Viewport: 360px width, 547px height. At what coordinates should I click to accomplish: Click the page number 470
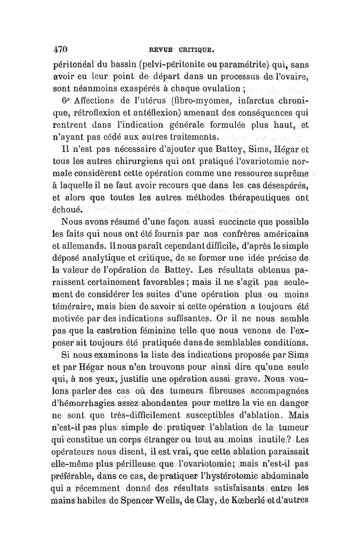click(60, 48)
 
